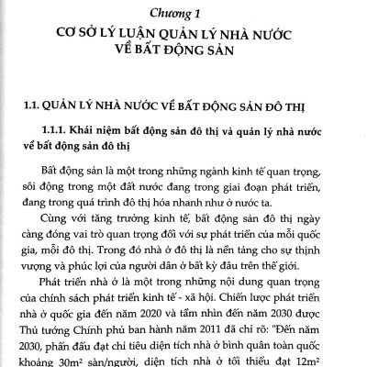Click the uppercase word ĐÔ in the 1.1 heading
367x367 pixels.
pos(280,102)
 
